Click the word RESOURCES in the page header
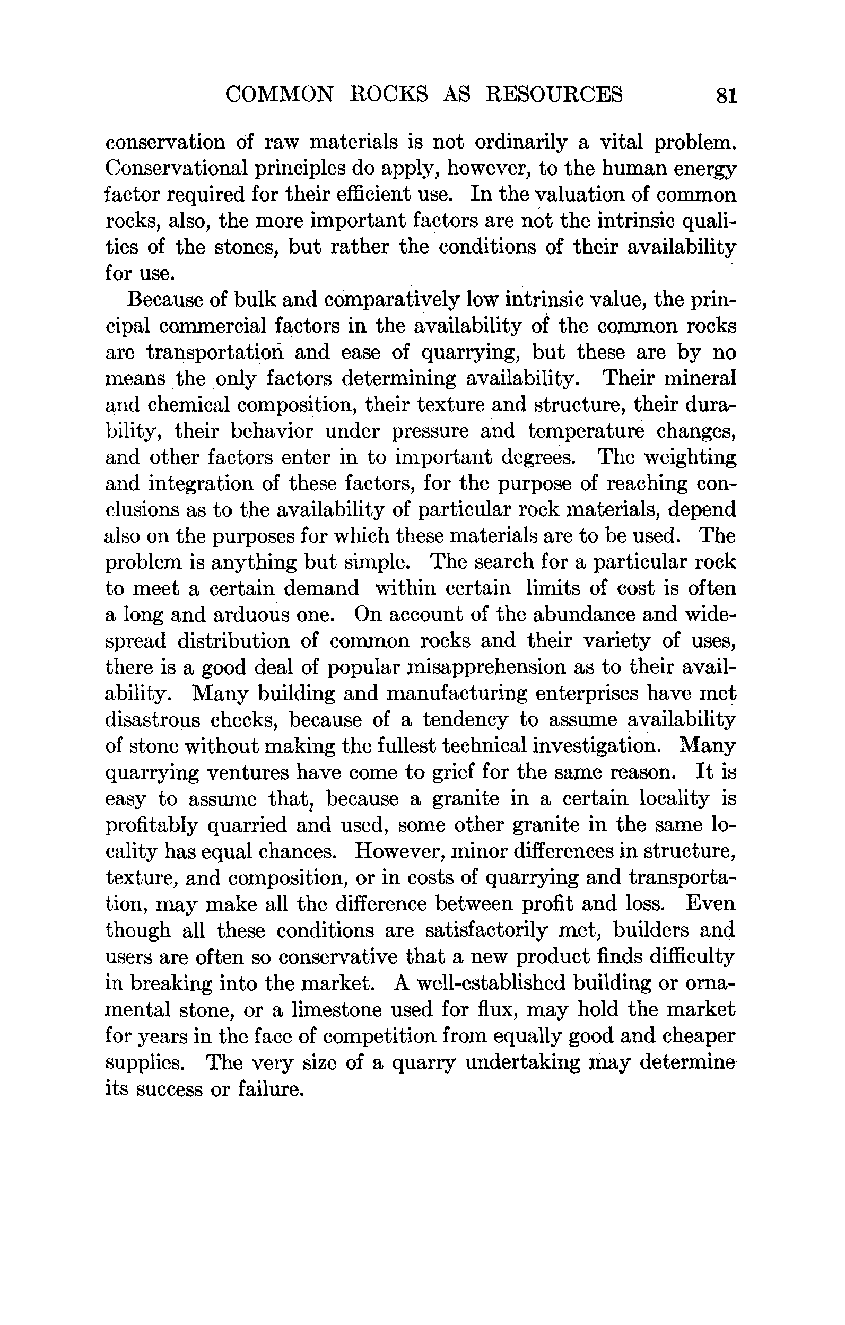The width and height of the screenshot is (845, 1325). pos(554,94)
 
